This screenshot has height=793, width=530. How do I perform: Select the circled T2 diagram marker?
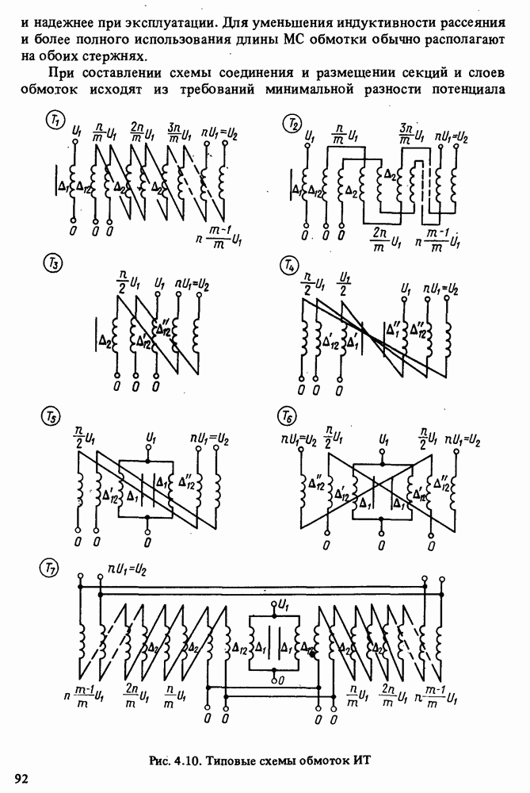pyautogui.click(x=292, y=123)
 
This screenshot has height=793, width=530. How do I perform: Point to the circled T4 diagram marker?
pyautogui.click(x=288, y=266)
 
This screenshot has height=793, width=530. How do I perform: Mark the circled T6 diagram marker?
pyautogui.click(x=287, y=418)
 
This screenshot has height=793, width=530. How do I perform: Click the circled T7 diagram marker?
pyautogui.click(x=49, y=569)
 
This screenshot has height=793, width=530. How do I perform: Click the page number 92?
pyautogui.click(x=22, y=779)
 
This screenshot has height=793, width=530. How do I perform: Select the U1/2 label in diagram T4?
pyautogui.click(x=345, y=284)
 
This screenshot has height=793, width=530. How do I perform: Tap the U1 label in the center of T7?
pyautogui.click(x=284, y=604)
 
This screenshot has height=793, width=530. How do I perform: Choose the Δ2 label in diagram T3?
pyautogui.click(x=105, y=342)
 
